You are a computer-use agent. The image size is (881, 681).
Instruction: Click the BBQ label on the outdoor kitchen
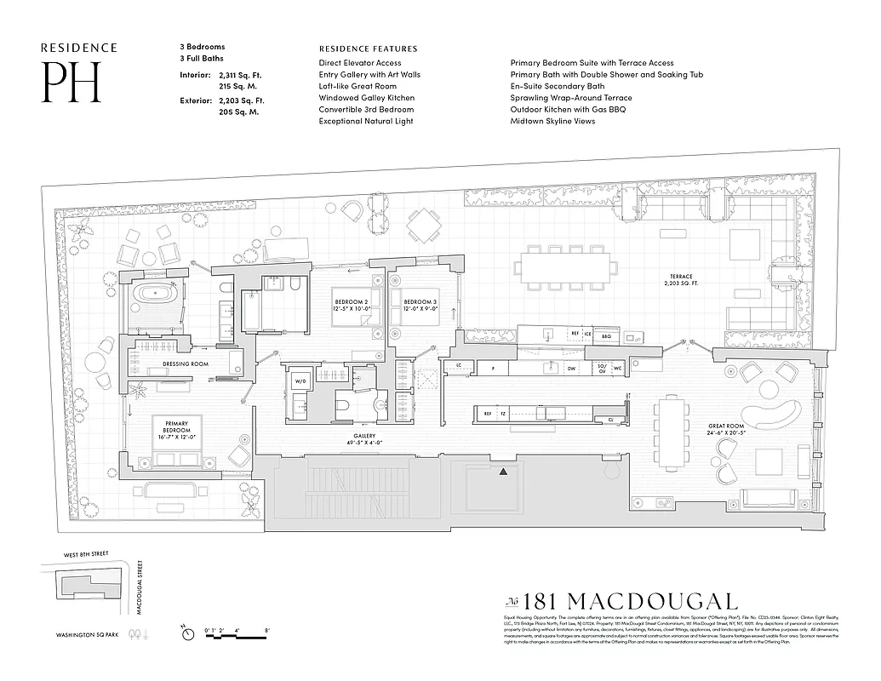pyautogui.click(x=607, y=336)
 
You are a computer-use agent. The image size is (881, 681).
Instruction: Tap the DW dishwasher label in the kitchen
pyautogui.click(x=572, y=369)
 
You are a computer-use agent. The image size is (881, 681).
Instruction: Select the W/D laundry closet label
pyautogui.click(x=299, y=382)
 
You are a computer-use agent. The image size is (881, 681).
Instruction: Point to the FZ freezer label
pyautogui.click(x=504, y=414)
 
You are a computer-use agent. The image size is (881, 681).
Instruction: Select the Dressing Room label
pyautogui.click(x=186, y=364)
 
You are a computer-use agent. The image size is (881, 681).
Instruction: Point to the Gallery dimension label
pyautogui.click(x=340, y=439)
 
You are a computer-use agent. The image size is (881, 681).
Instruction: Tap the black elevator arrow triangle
pyautogui.click(x=505, y=471)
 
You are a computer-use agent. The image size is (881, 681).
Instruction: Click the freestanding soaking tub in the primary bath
pyautogui.click(x=156, y=300)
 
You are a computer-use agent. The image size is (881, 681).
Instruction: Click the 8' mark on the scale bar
pyautogui.click(x=267, y=631)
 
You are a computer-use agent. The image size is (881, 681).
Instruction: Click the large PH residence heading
pyautogui.click(x=72, y=83)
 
